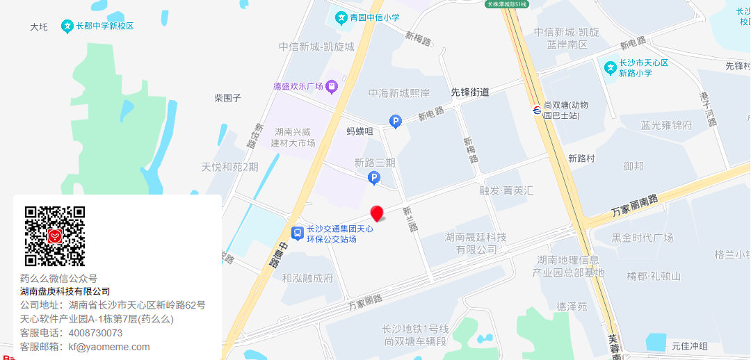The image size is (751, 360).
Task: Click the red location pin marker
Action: pos(377,213)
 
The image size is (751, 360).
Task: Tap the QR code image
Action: pos(55,236)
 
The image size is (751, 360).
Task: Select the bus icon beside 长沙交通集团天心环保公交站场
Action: pos(297,234)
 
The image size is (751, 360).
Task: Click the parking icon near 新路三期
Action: pos(374,179)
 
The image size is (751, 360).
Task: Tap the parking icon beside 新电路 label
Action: pos(396,122)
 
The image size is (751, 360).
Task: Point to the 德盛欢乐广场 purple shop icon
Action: pos(332,86)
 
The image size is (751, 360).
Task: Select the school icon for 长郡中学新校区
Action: pos(67,26)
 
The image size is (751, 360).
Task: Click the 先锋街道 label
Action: pos(470,92)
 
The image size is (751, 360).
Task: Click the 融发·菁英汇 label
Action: pos(506,190)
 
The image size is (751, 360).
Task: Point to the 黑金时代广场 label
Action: pos(643,238)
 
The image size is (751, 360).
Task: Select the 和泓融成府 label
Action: pos(307,278)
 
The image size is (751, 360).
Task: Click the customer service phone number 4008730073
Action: pos(95,333)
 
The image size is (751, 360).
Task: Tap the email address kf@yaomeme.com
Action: pos(108,347)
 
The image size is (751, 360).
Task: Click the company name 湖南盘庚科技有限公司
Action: pos(65,291)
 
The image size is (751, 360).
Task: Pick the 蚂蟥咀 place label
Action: pos(360,130)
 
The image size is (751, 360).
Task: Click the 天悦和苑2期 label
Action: pos(229,167)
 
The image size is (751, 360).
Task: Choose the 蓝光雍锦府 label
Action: pos(666,126)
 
